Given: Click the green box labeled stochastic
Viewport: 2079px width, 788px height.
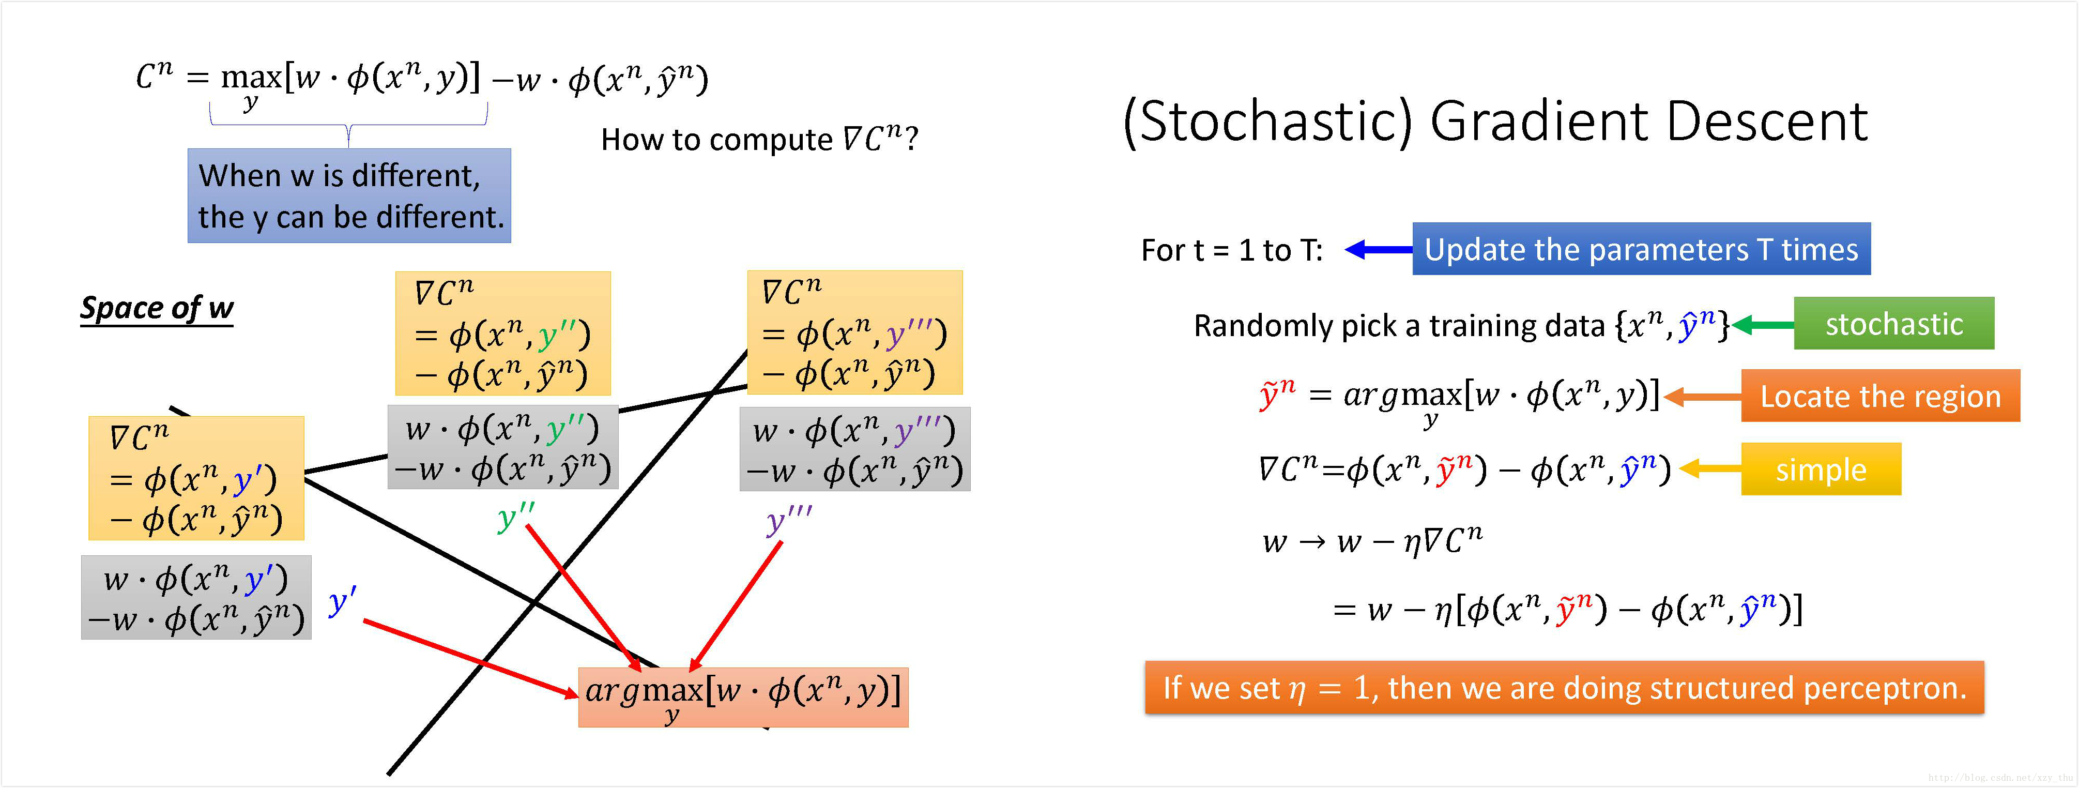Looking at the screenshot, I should click(x=1893, y=323).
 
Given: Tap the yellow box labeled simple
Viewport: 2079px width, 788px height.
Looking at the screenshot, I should click(x=1821, y=469).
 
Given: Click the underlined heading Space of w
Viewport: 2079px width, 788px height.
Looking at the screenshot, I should click(x=157, y=308).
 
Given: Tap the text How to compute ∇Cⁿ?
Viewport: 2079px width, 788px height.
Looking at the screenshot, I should click(x=759, y=139).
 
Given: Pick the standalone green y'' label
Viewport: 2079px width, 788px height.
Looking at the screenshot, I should click(x=515, y=517).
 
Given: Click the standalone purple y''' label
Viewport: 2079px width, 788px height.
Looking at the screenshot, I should click(x=787, y=521).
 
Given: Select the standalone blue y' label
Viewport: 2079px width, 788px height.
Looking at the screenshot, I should click(x=342, y=601).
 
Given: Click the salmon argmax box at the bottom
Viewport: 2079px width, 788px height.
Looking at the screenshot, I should click(x=742, y=697).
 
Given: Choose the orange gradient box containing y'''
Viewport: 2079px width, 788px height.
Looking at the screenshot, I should click(x=854, y=332).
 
